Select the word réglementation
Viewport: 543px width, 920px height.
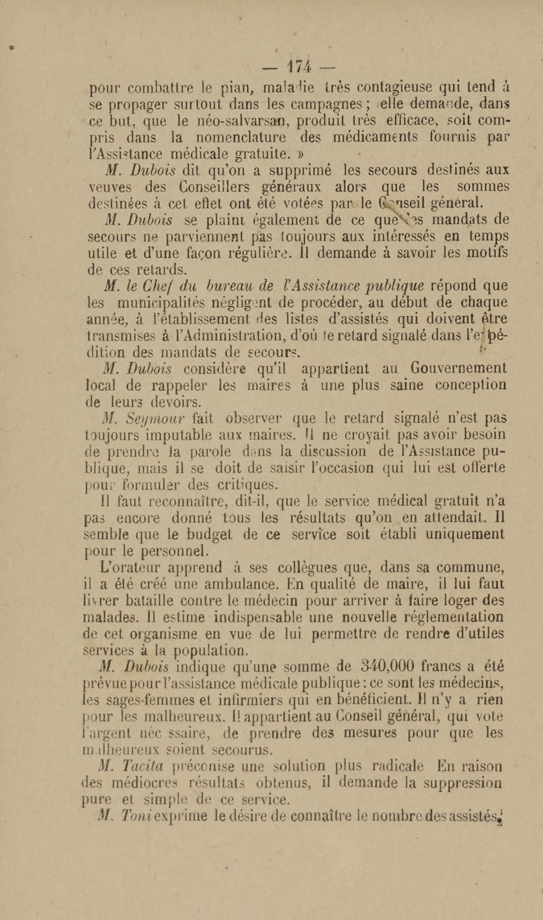click(x=453, y=618)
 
